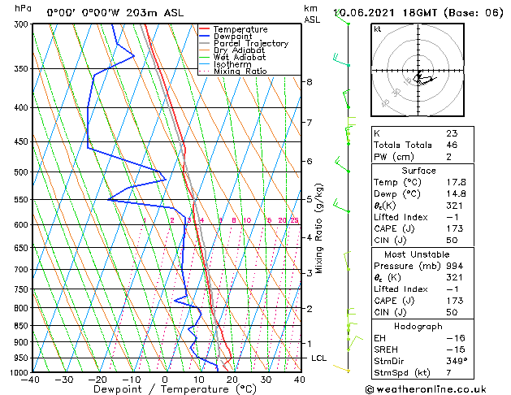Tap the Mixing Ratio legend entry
[240, 72]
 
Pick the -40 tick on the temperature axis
[31, 380]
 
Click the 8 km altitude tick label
[309, 82]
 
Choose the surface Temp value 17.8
[456, 183]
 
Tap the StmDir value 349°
[456, 361]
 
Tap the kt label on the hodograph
[378, 29]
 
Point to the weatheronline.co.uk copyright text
[437, 389]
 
